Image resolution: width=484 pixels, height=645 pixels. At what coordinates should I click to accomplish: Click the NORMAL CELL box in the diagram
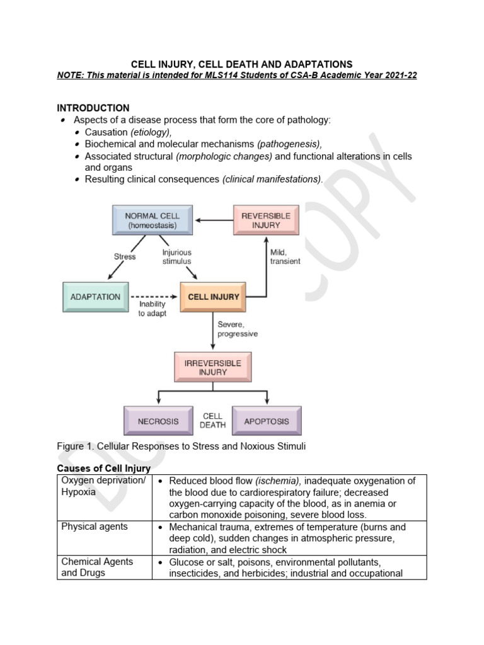[151, 220]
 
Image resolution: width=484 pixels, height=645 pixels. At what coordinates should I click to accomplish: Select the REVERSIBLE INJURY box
[265, 220]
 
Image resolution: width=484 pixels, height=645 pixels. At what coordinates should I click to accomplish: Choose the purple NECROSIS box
[158, 421]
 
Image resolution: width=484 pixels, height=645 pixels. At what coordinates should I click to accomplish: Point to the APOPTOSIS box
[267, 421]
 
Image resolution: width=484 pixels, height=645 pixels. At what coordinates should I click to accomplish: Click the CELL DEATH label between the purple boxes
[212, 421]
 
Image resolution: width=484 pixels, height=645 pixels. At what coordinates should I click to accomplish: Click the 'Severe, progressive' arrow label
[238, 329]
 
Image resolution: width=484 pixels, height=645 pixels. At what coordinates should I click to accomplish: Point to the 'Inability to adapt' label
[153, 309]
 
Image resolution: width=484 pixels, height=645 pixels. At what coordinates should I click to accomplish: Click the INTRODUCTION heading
[93, 108]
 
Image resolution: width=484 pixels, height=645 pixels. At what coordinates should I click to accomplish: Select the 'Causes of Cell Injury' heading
[104, 469]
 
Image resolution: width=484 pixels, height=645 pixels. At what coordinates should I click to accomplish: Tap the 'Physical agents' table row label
[94, 527]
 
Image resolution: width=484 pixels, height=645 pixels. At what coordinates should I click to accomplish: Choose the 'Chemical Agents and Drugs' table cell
[97, 567]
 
